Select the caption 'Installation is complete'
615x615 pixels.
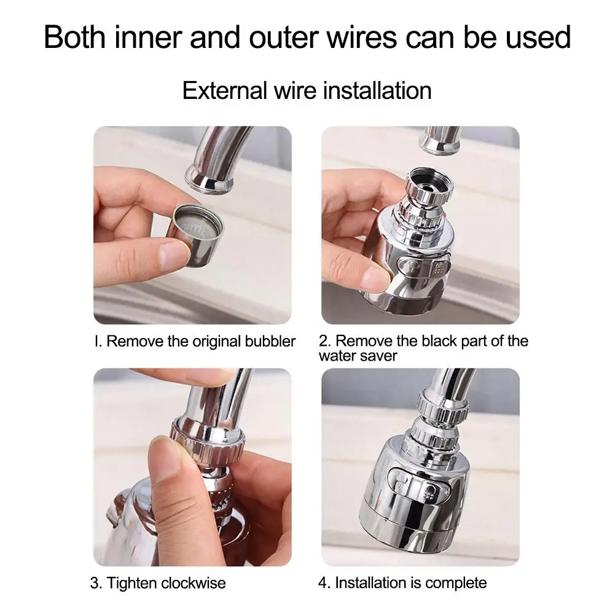(x=411, y=582)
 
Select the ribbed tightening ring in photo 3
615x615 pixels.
(x=209, y=439)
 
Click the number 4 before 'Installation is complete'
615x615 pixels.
(x=323, y=582)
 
